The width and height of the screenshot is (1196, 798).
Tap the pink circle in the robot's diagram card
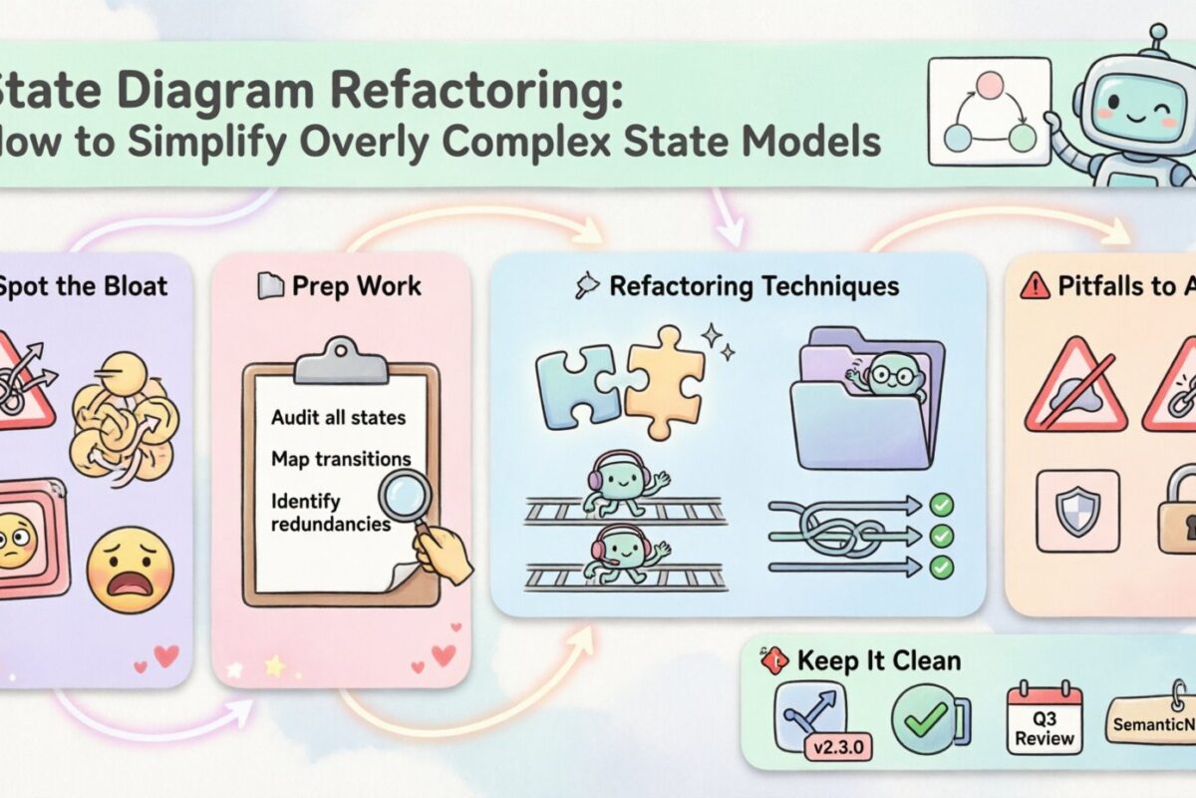(988, 85)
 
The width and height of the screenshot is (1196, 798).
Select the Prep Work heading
(356, 286)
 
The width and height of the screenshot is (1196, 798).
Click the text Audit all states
(338, 417)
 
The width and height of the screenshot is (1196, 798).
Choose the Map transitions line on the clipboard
(341, 459)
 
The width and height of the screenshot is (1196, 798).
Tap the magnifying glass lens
(405, 496)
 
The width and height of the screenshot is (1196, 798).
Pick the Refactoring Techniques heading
(753, 287)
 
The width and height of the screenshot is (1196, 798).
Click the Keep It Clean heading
(878, 660)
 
